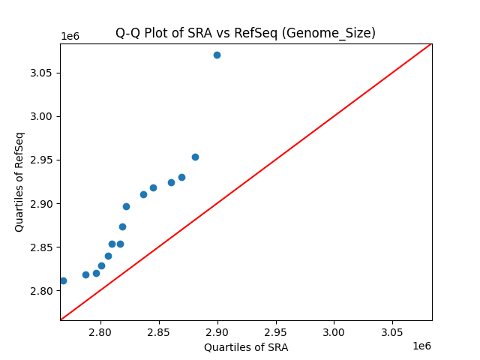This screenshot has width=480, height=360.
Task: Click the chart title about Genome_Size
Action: point(245,33)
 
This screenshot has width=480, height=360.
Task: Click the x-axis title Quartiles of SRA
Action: point(246,347)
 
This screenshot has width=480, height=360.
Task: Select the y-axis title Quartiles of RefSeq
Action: point(19,181)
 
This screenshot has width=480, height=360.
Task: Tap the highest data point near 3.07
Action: point(217,55)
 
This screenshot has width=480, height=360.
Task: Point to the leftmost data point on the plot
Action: point(63,280)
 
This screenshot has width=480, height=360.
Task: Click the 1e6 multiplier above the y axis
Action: point(70,36)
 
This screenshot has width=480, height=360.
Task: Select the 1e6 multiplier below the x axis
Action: point(421,346)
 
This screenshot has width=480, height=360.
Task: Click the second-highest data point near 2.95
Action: point(195,157)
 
